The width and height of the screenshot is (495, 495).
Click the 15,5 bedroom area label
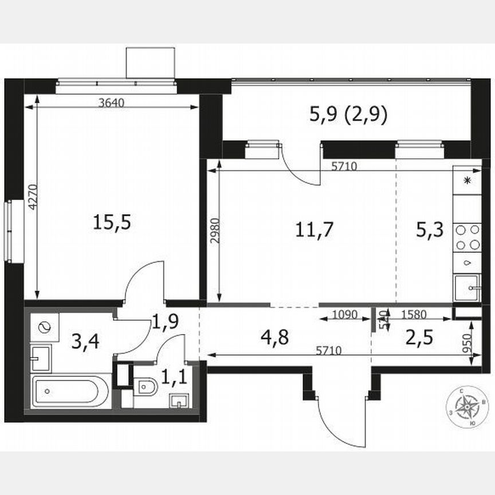tap(112, 222)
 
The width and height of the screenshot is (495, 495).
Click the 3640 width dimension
tap(112, 103)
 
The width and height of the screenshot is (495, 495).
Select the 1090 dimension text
tap(345, 314)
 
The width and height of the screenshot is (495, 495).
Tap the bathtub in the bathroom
tap(70, 392)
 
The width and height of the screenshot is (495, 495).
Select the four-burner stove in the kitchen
tap(467, 237)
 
